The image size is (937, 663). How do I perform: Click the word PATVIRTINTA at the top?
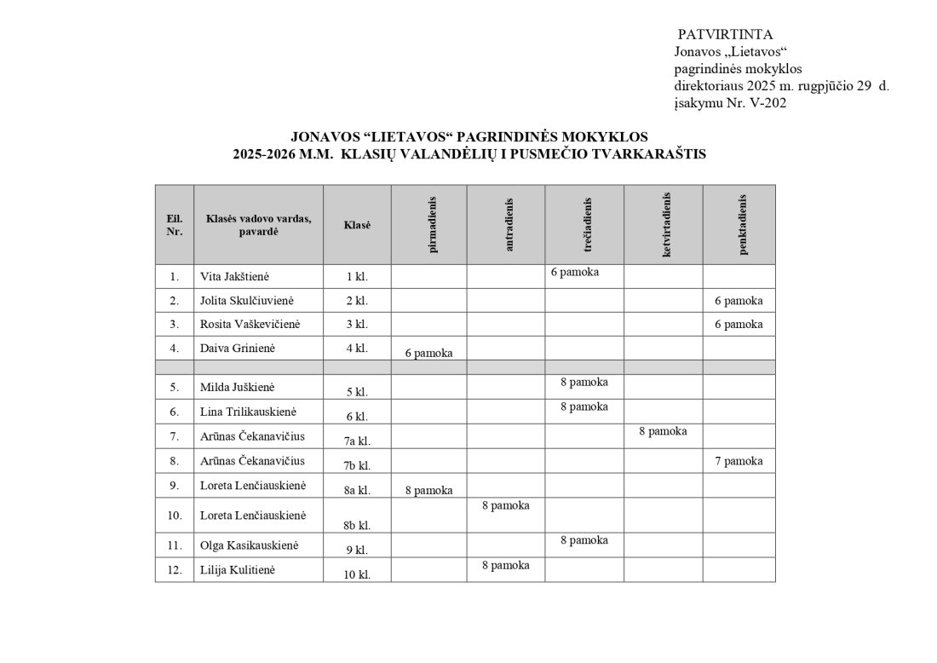pyautogui.click(x=725, y=35)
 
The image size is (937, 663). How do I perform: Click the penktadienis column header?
pyautogui.click(x=743, y=225)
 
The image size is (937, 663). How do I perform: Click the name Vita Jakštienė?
pyautogui.click(x=235, y=277)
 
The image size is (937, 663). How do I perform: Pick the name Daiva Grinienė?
pyautogui.click(x=238, y=349)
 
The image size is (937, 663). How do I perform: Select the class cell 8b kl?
pyautogui.click(x=357, y=525)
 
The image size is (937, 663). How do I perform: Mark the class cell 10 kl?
pyautogui.click(x=357, y=574)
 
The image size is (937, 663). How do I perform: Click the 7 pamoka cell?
pyautogui.click(x=739, y=461)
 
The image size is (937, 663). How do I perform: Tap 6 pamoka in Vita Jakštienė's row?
pyautogui.click(x=575, y=272)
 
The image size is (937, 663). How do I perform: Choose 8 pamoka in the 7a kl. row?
pyautogui.click(x=663, y=431)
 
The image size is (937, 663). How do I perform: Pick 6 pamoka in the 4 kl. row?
pyautogui.click(x=428, y=353)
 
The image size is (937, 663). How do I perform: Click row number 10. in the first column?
pyautogui.click(x=175, y=516)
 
